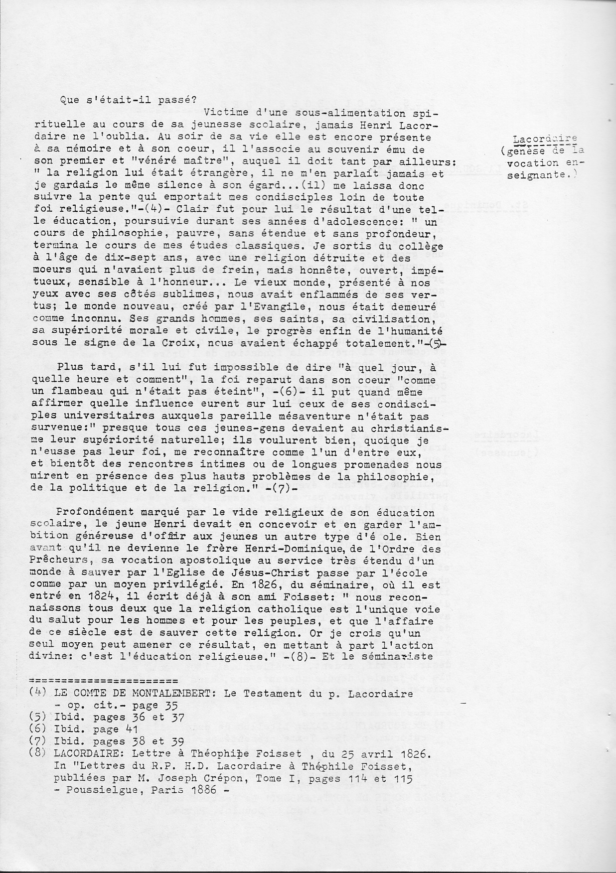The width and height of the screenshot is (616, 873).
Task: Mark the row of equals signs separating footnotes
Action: (x=104, y=681)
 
